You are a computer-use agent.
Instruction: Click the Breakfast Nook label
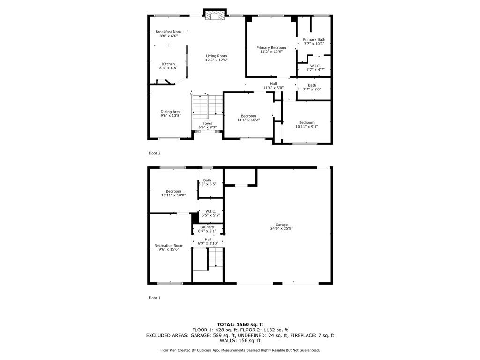pos(168,32)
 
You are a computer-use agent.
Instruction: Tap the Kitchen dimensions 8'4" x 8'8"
pos(168,68)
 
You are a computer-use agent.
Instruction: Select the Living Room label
pos(217,56)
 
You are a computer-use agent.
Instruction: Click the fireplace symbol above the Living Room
pos(215,15)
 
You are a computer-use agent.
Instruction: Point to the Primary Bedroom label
pos(271,48)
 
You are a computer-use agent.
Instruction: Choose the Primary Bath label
pos(314,40)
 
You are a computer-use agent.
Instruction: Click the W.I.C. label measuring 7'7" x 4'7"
pos(315,66)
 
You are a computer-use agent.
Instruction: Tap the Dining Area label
pos(171,112)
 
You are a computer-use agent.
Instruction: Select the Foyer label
pos(208,123)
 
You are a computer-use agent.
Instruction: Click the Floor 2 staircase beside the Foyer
pos(207,107)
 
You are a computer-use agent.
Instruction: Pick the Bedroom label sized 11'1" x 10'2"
pos(248,116)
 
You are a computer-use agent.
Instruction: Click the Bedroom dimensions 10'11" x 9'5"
pos(307,127)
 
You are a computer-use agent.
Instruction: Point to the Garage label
pos(282,225)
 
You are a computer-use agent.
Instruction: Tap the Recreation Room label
pos(169,246)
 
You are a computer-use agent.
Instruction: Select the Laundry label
pos(207,227)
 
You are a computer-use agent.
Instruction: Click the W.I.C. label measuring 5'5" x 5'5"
pos(210,211)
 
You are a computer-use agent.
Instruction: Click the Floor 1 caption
pos(155,298)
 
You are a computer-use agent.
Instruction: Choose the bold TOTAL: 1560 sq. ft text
pos(240,324)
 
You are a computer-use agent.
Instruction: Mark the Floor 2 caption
pos(155,153)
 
